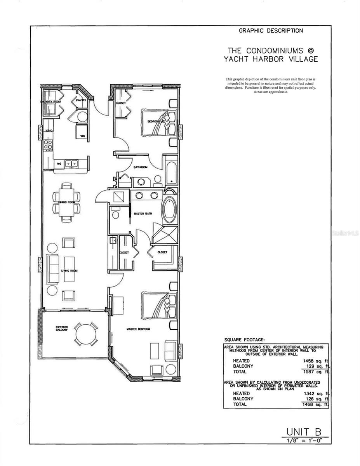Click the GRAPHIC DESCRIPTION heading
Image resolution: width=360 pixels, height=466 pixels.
(x=271, y=31)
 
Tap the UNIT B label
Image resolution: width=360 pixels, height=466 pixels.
(x=304, y=431)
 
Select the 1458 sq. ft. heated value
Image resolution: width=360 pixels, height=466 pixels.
(x=316, y=361)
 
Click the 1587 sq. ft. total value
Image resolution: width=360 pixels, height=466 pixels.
(x=316, y=372)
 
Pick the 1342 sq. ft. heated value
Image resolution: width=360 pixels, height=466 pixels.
(x=316, y=393)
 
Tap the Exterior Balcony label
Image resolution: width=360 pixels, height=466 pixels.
(x=62, y=329)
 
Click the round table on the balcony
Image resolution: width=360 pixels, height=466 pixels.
(x=86, y=333)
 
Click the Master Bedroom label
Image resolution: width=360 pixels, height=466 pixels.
(x=138, y=329)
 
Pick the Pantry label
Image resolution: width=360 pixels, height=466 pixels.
(x=81, y=101)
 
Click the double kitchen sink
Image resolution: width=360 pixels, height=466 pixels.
(x=71, y=164)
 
